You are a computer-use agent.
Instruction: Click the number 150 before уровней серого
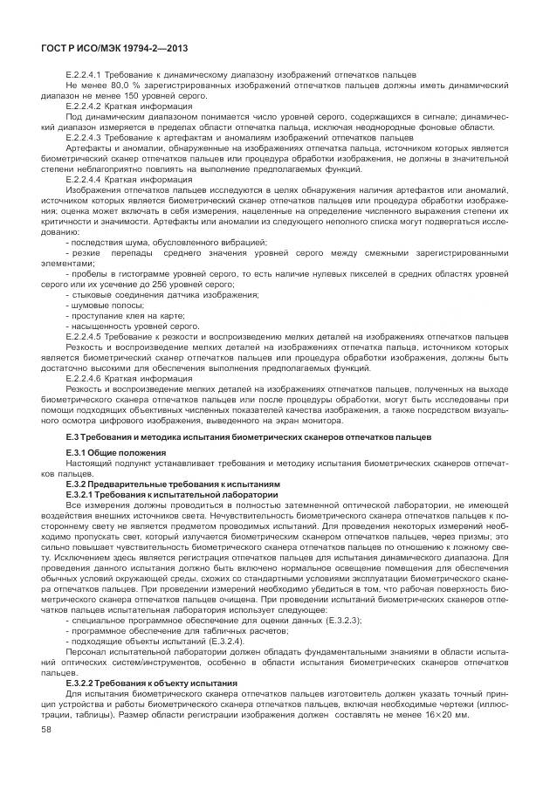coord(133,96)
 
